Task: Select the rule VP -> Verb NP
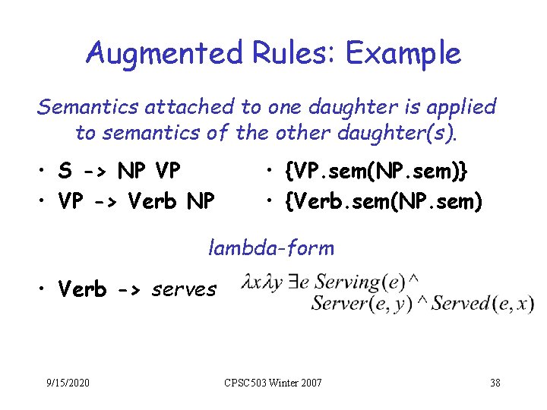(137, 201)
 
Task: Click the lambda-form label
(270, 248)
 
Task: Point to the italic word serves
(185, 289)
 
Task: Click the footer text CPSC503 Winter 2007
(272, 382)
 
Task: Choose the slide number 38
(495, 382)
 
